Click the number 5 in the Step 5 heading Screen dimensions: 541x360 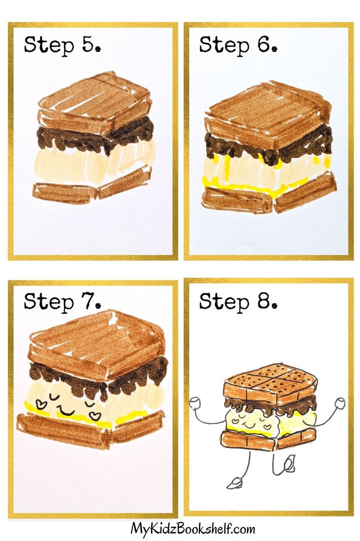tap(87, 45)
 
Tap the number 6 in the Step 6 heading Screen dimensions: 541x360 tap(263, 45)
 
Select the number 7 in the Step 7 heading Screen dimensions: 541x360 tap(88, 302)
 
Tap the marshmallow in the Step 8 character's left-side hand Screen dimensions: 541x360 tap(195, 402)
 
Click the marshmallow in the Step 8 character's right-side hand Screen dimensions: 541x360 tap(340, 403)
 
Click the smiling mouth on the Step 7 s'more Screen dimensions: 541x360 tap(66, 412)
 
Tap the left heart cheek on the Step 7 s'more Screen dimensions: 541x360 tap(39, 403)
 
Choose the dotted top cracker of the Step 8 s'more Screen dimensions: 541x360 tap(269, 379)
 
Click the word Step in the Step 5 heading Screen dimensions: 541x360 tap(49, 45)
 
